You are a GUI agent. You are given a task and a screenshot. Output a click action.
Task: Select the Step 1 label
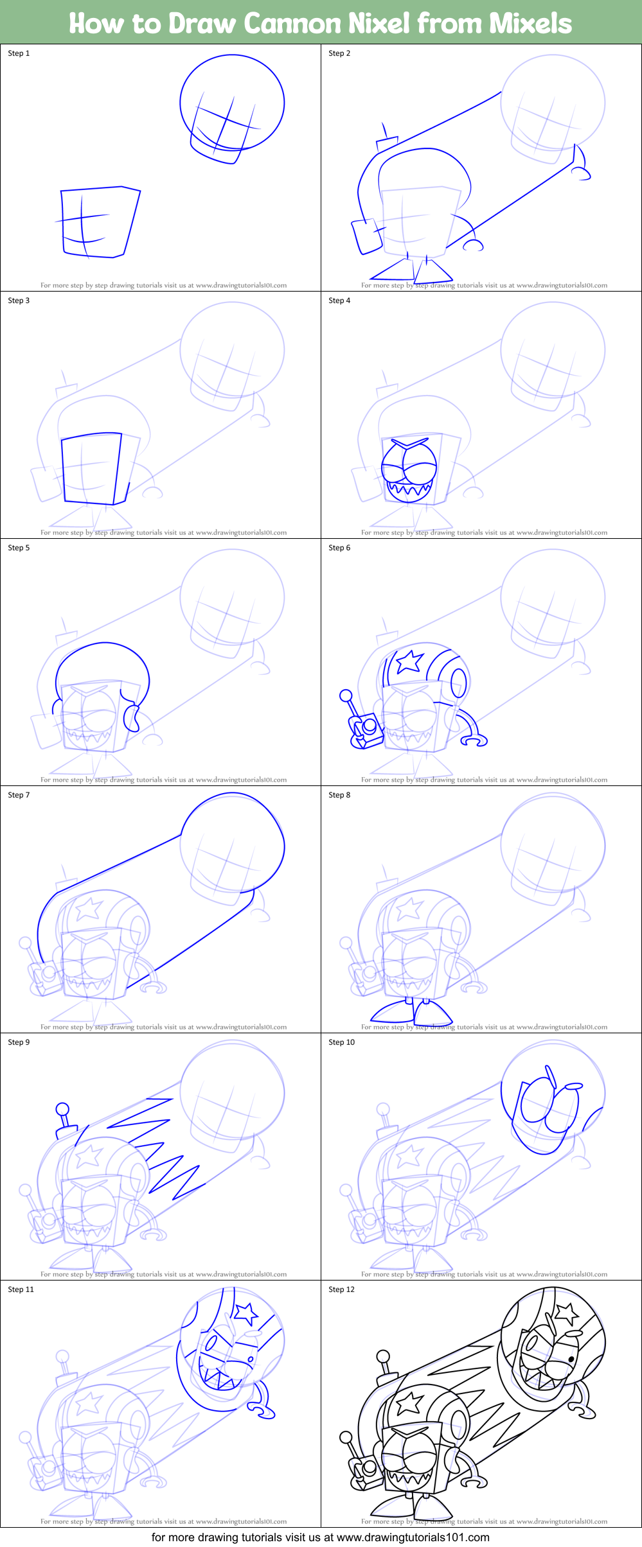pos(19,53)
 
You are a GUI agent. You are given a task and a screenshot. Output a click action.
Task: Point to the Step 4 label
pos(339,301)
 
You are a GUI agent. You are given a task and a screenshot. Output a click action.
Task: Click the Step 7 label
pos(19,795)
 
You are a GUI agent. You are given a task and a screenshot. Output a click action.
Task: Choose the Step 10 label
pos(341,1042)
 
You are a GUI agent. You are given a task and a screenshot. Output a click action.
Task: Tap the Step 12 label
pos(341,1289)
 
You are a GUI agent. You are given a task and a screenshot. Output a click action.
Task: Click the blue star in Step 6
pos(409,661)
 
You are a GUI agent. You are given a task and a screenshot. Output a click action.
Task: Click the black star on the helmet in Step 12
pos(565,1313)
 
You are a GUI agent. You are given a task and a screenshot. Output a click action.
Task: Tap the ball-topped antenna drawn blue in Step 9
pos(62,1108)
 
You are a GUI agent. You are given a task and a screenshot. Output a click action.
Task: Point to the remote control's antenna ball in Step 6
pos(346,695)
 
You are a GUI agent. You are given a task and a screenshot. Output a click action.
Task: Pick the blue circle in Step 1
pos(232,103)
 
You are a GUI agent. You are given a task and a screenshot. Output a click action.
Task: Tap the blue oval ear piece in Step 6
pos(458,682)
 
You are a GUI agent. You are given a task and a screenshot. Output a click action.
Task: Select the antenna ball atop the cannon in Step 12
pos(383,1356)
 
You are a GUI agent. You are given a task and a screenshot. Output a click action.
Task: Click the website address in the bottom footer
pos(413,1537)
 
